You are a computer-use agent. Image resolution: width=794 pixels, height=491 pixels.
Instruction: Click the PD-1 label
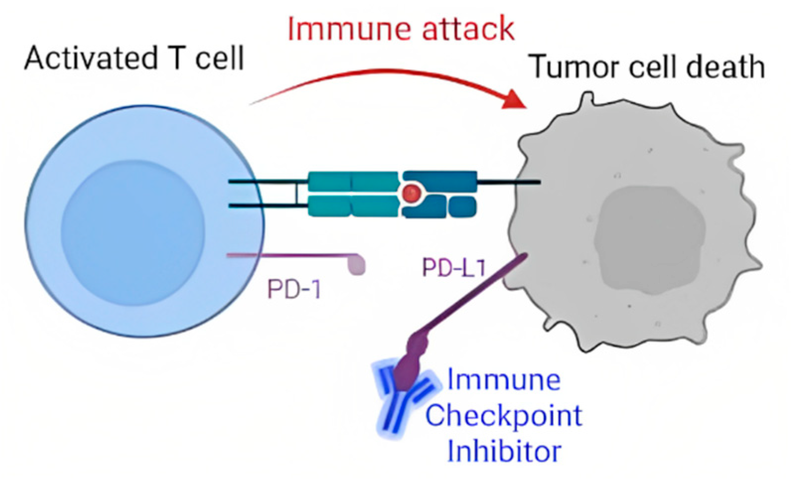click(x=294, y=288)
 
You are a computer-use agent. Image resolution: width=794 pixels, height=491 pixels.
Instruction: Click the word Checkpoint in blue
click(x=504, y=416)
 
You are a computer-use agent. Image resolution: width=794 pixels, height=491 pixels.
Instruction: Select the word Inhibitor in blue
click(x=504, y=451)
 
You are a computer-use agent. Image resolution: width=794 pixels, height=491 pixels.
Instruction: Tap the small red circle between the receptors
click(x=411, y=193)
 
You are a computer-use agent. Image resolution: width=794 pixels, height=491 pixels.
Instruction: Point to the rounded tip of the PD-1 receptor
click(x=358, y=264)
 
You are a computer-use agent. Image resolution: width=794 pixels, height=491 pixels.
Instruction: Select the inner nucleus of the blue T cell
click(x=133, y=232)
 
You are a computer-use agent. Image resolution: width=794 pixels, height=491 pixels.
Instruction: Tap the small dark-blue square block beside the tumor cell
click(x=463, y=207)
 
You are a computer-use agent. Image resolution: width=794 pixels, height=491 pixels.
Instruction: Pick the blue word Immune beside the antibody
click(x=504, y=380)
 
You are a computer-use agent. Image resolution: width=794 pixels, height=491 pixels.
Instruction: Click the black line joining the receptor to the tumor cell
click(x=509, y=182)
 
